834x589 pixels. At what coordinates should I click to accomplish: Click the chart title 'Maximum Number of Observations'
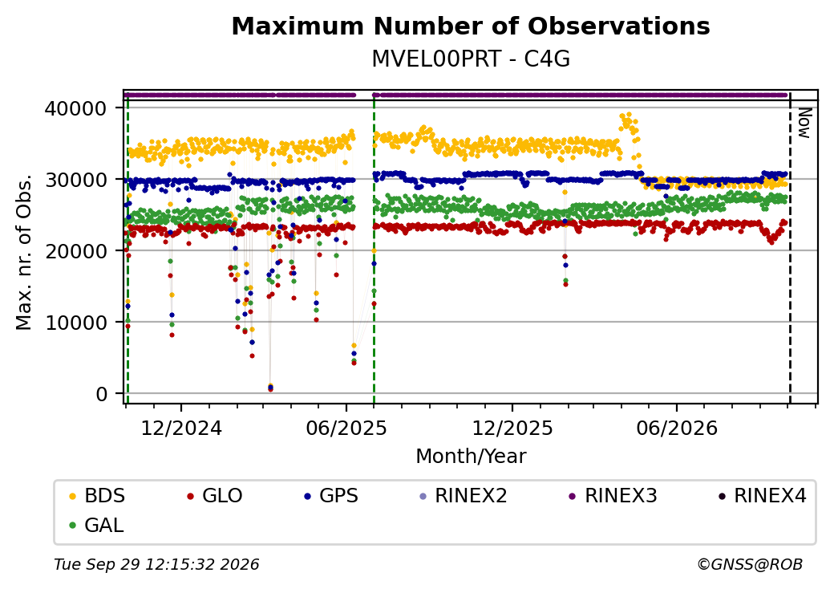(x=471, y=26)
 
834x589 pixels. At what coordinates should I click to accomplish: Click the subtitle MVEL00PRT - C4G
(x=471, y=59)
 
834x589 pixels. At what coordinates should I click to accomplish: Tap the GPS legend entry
(x=331, y=496)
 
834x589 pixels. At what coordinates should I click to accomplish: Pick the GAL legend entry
(x=96, y=525)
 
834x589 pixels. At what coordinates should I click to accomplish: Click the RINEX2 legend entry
(x=464, y=496)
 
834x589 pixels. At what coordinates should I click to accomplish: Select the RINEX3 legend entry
(x=613, y=496)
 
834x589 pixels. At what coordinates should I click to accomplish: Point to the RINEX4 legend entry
(x=762, y=496)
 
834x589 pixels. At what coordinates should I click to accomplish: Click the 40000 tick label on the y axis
(x=76, y=108)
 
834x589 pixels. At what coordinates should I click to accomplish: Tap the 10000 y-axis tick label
(x=76, y=323)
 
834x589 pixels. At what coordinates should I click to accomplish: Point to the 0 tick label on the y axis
(x=102, y=394)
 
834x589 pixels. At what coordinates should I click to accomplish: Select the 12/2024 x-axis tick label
(x=181, y=428)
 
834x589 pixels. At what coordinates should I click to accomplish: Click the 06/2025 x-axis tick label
(x=346, y=428)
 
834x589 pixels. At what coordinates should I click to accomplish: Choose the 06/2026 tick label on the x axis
(x=677, y=428)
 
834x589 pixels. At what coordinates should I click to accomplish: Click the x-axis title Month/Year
(x=471, y=456)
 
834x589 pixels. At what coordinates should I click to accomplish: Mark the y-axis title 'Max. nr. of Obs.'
(x=24, y=251)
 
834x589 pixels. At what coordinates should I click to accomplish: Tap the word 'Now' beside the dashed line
(x=804, y=123)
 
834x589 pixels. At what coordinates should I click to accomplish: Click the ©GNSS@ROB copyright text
(x=750, y=564)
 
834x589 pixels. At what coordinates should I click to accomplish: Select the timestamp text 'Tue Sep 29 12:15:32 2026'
(x=156, y=564)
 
